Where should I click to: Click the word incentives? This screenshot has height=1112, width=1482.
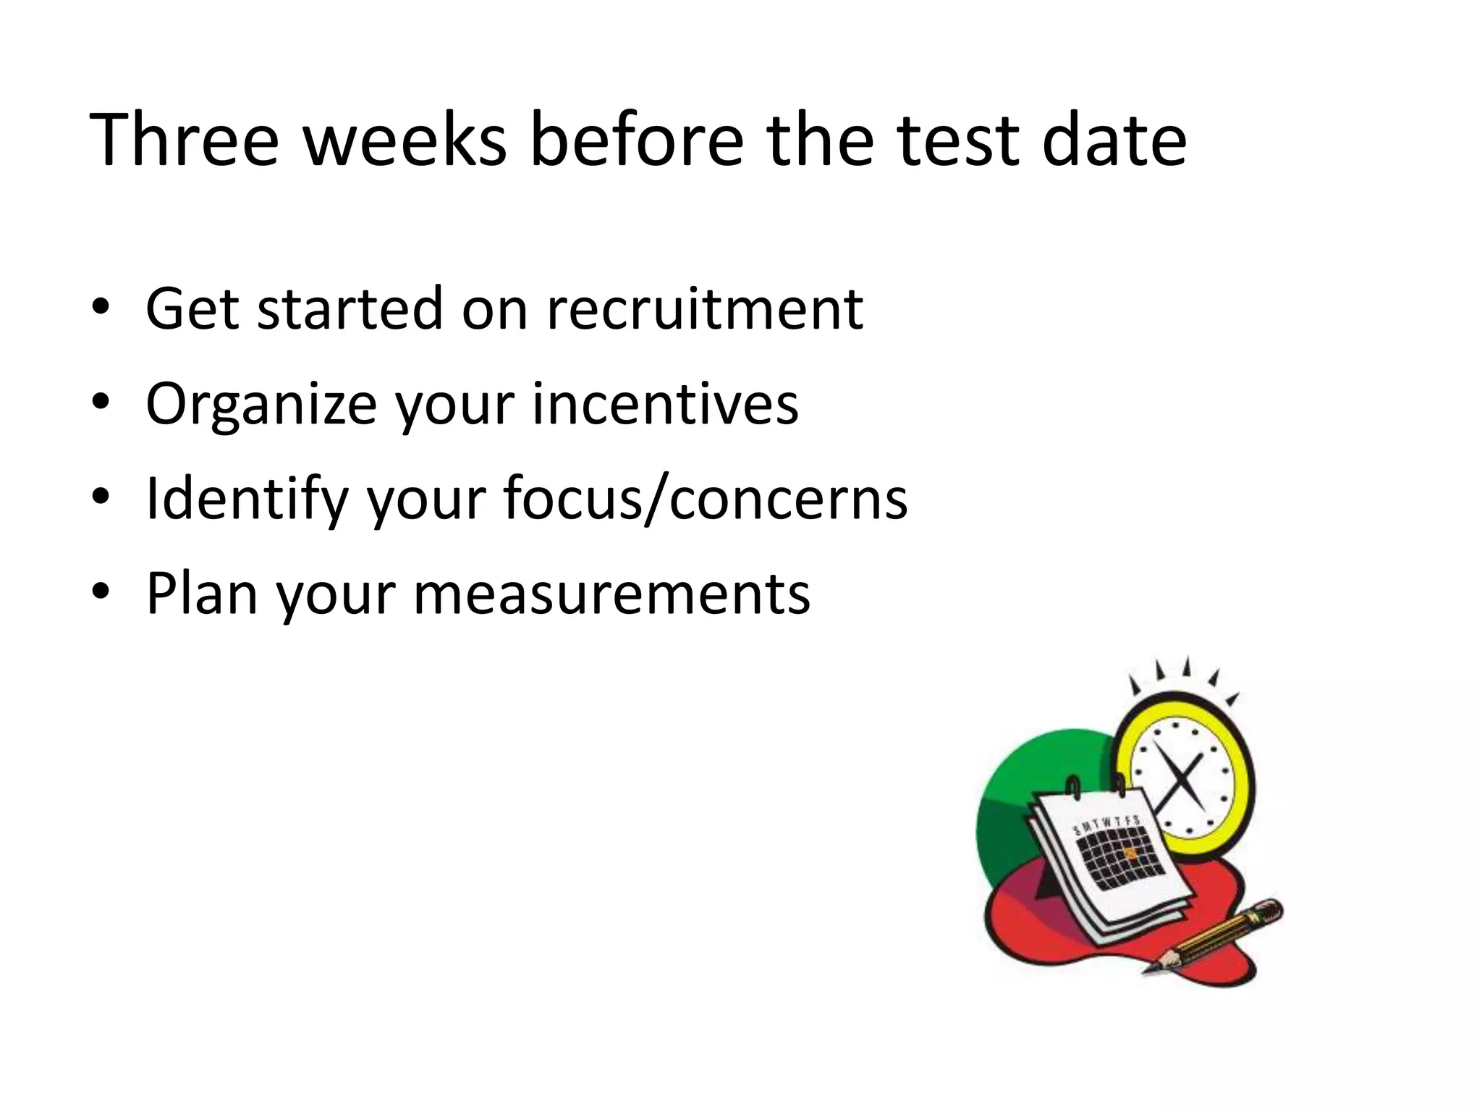point(665,403)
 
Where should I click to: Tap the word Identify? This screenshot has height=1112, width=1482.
point(247,500)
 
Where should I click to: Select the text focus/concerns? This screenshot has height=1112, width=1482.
point(705,499)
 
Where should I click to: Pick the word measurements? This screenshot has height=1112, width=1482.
point(611,594)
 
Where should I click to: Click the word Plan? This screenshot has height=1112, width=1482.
point(202,594)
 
